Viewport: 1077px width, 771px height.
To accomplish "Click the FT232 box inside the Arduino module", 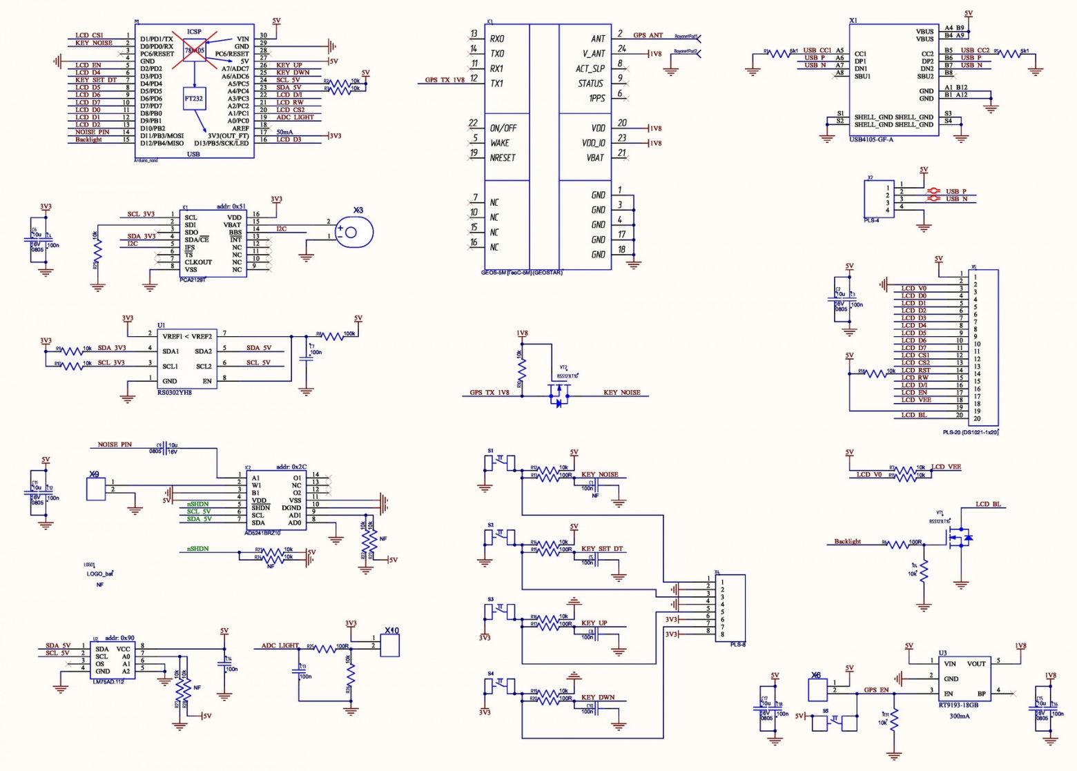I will tap(194, 99).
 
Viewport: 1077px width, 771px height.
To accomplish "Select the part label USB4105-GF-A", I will tap(871, 139).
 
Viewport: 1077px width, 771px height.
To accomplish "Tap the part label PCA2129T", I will tap(193, 280).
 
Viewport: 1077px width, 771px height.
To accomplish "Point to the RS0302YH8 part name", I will tap(175, 392).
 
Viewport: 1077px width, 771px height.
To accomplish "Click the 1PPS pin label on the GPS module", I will tap(596, 98).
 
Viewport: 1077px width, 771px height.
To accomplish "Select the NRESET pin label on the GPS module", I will tap(503, 157).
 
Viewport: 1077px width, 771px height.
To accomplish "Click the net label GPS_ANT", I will tap(648, 35).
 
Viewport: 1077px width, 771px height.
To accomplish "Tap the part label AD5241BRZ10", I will tap(262, 533).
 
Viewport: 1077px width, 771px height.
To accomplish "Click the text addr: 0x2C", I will tap(291, 467).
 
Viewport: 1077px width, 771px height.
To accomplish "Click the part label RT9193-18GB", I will tap(958, 705).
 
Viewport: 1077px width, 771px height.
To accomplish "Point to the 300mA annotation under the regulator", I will tap(960, 716).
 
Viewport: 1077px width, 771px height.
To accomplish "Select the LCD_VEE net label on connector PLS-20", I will tap(916, 400).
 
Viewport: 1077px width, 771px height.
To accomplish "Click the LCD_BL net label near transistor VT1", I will tap(988, 505).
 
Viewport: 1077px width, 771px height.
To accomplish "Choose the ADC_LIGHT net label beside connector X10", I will tap(280, 646).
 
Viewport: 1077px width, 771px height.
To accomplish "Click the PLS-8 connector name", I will tap(737, 645).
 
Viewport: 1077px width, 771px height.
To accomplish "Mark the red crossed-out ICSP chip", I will tap(194, 50).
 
